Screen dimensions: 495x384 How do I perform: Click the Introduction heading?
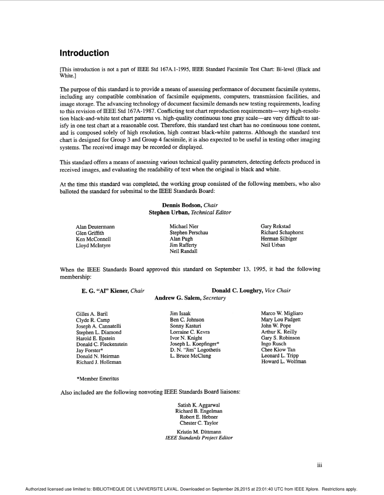tap(84, 53)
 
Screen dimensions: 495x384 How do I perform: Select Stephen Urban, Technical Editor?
tap(190, 212)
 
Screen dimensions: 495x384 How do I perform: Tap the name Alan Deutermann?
tap(95, 227)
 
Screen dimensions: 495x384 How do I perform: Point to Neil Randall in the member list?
tap(184, 251)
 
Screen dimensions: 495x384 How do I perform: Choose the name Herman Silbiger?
tap(279, 239)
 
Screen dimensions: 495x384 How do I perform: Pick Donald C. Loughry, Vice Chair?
tap(251, 291)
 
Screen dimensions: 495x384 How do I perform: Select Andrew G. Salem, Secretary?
tap(190, 298)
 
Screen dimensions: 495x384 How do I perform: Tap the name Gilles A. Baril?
tap(92, 314)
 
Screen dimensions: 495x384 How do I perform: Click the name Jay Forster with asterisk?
tap(89, 351)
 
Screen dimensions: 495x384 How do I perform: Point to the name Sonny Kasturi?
tap(185, 326)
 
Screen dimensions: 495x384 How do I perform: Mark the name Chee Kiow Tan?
tap(278, 350)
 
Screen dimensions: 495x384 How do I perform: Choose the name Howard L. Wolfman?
tap(283, 362)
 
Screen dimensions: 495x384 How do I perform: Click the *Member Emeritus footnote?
tap(97, 379)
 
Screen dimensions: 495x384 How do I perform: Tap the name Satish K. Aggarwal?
tap(199, 405)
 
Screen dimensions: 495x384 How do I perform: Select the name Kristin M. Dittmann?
tap(199, 432)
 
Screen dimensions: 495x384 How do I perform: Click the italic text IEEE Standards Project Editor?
tap(199, 438)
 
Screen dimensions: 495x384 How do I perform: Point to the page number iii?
tap(319, 465)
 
